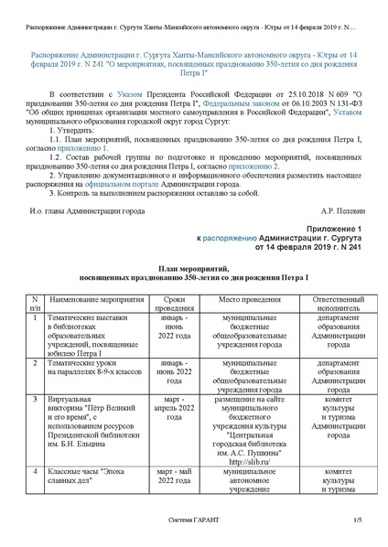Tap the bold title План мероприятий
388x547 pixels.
click(x=193, y=268)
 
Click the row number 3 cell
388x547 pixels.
click(x=34, y=400)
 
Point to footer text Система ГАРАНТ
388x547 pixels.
click(x=193, y=521)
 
